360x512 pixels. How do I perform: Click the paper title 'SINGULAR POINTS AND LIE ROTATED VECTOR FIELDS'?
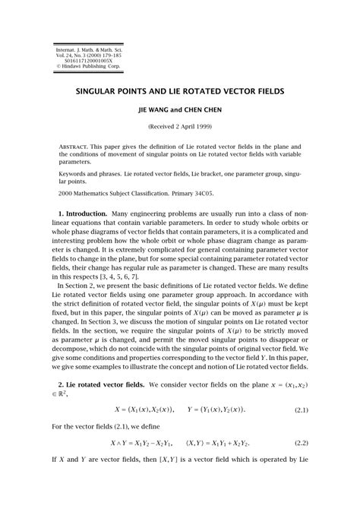click(x=180, y=90)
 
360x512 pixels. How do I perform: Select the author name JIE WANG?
click(x=154, y=109)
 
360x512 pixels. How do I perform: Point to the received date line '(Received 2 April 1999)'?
click(x=180, y=125)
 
